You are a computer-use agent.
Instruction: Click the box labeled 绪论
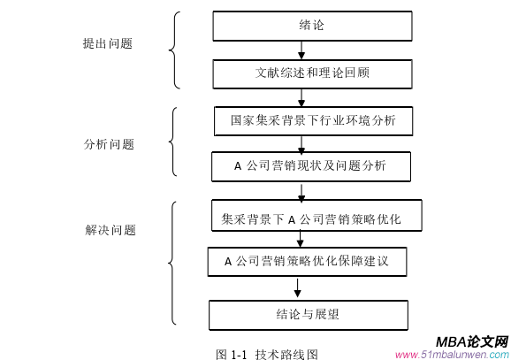click(x=311, y=26)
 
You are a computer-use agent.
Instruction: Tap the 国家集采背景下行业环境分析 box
click(x=312, y=119)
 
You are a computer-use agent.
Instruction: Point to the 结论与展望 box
click(x=308, y=314)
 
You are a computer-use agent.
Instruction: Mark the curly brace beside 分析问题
click(x=175, y=142)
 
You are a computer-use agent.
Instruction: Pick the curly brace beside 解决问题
click(x=174, y=263)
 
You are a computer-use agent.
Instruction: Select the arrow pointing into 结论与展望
click(x=298, y=288)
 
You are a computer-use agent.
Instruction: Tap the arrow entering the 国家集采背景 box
click(x=301, y=97)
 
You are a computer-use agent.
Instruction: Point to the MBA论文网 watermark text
click(x=471, y=341)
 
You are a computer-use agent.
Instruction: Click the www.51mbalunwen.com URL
click(x=451, y=354)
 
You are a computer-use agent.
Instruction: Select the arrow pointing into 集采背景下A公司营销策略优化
click(x=302, y=191)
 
